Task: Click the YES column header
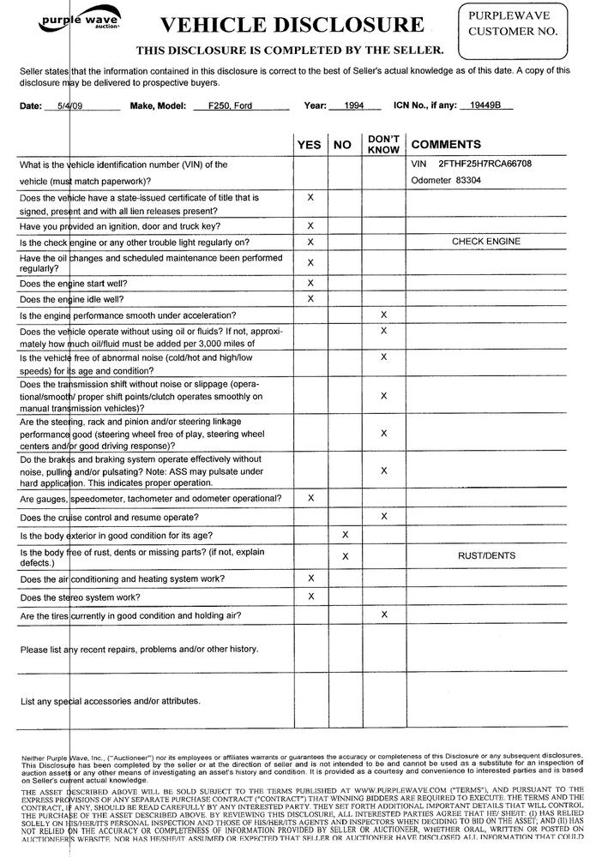[309, 145]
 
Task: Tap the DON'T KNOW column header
[383, 144]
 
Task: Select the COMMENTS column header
[447, 145]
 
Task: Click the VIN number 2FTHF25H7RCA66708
[485, 163]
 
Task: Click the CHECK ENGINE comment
[485, 242]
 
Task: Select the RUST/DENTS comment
[486, 556]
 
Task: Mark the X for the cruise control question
[383, 516]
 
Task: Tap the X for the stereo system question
[310, 596]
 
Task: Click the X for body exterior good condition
[345, 535]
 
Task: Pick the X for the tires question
[383, 614]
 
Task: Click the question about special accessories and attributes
[110, 701]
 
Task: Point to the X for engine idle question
[310, 298]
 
